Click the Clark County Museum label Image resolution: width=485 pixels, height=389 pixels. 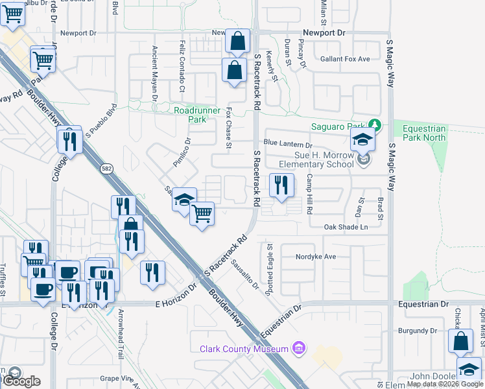coord(243,349)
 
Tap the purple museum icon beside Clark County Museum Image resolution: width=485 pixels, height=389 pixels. coord(298,349)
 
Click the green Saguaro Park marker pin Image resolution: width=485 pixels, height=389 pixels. coord(374,124)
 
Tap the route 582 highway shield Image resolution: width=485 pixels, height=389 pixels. coord(105,169)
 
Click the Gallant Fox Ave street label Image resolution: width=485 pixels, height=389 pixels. coord(346,59)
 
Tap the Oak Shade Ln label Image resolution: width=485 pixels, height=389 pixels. coord(346,227)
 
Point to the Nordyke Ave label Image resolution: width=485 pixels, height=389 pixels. coord(316,256)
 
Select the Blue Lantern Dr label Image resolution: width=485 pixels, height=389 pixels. coord(288,146)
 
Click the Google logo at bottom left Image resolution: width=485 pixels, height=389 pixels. coord(21,381)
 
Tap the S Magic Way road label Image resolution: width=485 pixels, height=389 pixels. coord(390,65)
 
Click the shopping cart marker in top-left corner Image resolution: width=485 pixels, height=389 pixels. coord(12,13)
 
